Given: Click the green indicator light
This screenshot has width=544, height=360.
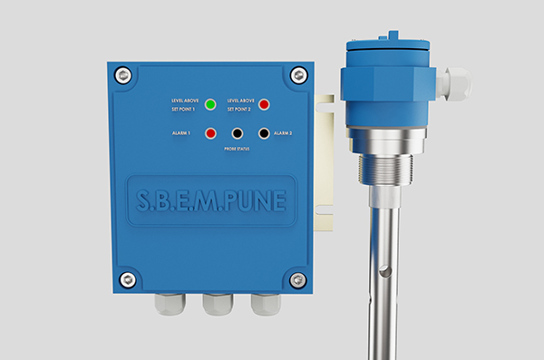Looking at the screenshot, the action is point(210,104).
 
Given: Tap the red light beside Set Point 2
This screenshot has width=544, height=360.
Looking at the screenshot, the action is point(264,104).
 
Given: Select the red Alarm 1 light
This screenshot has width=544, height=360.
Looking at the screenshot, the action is point(210,133).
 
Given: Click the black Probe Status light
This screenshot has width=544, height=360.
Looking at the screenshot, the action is point(237,133).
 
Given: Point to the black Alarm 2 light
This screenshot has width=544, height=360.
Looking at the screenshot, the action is point(264,133).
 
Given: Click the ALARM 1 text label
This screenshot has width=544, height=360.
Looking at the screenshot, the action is point(181,133).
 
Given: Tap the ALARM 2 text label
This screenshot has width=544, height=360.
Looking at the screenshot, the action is point(283,133).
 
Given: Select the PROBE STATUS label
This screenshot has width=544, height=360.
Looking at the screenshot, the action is point(237,149).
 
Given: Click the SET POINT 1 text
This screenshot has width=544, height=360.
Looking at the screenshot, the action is point(183,110).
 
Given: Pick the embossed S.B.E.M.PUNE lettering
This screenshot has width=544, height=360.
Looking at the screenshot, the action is point(211,200).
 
